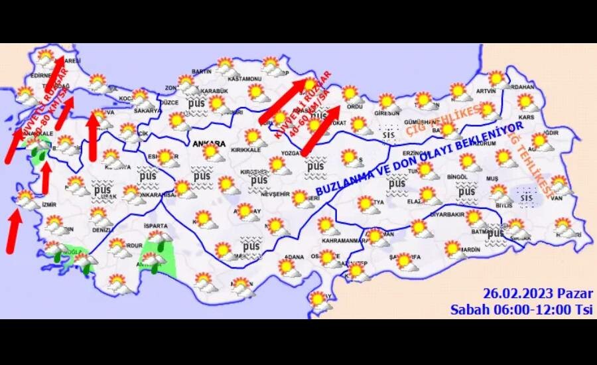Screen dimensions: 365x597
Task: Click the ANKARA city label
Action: tap(206, 143)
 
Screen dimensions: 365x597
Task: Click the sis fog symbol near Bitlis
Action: tap(527, 197)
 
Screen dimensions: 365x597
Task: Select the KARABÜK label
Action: tap(214, 91)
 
